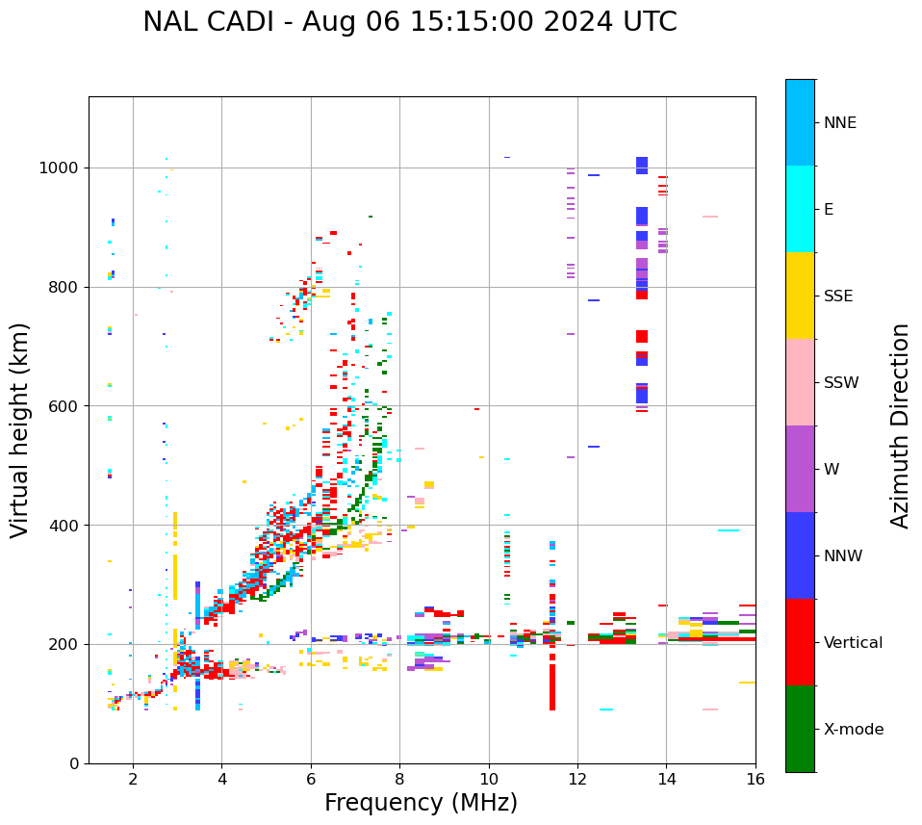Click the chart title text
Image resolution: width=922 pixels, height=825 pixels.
click(409, 22)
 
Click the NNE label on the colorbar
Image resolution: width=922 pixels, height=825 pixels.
click(839, 123)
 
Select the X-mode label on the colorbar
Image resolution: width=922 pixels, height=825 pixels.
click(854, 730)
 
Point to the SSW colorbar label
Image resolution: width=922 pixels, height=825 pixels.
click(841, 383)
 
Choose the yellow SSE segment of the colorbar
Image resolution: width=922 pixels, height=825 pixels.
click(800, 296)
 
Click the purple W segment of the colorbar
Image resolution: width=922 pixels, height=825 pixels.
click(800, 469)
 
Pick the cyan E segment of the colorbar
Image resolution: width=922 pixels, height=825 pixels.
click(800, 209)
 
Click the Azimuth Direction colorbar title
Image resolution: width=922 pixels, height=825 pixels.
click(900, 425)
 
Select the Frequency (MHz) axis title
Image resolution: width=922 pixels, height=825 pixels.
click(421, 803)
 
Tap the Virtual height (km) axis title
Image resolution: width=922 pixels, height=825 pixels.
click(20, 430)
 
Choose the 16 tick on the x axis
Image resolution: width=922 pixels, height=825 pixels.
click(755, 779)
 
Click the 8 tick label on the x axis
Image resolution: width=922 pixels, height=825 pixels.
click(399, 779)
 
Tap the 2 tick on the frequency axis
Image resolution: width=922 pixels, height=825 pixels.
click(133, 779)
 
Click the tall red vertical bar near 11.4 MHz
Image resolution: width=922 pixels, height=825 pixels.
click(552, 683)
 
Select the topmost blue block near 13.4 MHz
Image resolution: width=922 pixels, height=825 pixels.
click(642, 165)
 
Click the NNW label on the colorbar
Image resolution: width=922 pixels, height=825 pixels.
click(843, 556)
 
